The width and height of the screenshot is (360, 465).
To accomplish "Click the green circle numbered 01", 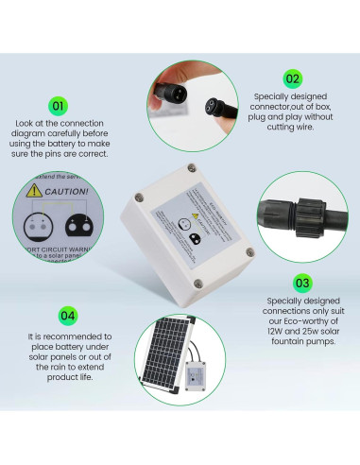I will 59,106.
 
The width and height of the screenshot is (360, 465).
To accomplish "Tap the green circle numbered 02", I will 292,78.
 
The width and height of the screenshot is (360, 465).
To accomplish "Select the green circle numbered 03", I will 302,282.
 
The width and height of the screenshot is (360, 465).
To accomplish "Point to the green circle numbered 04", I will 67,315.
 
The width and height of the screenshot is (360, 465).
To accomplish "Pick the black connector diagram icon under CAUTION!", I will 76,228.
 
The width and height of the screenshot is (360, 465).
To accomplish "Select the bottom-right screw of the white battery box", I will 248,252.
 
